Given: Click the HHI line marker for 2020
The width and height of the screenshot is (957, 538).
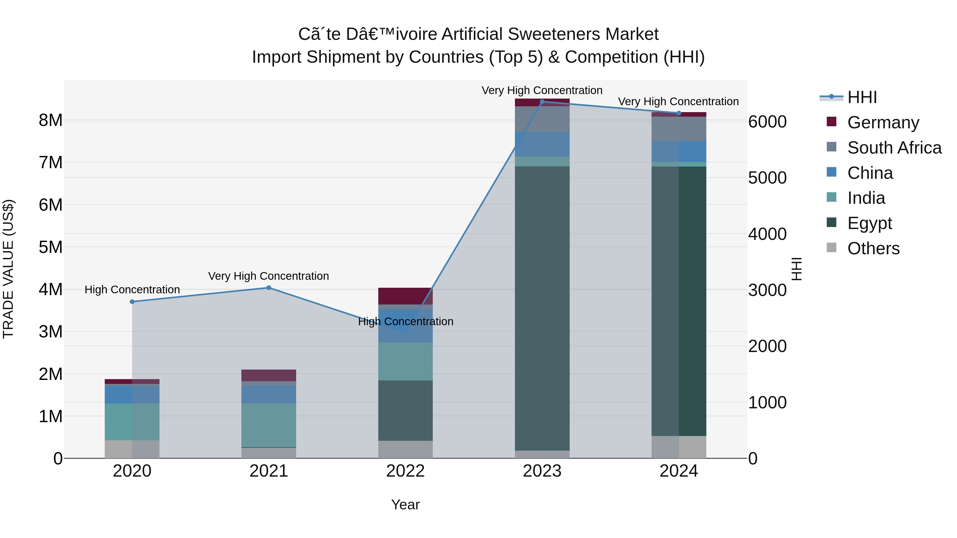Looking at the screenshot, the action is coord(132,302).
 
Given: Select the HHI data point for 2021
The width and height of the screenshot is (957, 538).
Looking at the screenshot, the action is coord(269,288).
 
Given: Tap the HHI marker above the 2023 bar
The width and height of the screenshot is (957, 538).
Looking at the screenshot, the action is coord(542,102).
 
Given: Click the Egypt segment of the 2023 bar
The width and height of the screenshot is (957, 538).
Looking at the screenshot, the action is coord(542,308).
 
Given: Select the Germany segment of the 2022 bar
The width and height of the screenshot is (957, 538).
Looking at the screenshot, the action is coord(405,296).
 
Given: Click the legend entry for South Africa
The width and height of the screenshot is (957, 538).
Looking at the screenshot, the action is coord(884,148).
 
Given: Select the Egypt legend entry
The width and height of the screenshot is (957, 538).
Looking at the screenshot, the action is coord(859,223).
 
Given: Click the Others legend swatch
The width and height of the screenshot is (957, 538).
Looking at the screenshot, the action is coord(832,248).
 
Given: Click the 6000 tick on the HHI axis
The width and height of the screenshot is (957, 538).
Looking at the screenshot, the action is coord(767,122).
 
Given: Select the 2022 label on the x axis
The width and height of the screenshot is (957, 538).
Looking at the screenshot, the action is coord(405,471).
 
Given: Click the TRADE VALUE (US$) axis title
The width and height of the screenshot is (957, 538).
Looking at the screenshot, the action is coord(8,269).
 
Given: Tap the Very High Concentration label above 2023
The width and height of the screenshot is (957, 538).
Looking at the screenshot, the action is coord(542,90).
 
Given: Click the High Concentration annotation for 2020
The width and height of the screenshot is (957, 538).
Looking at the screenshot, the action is coord(132,290).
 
